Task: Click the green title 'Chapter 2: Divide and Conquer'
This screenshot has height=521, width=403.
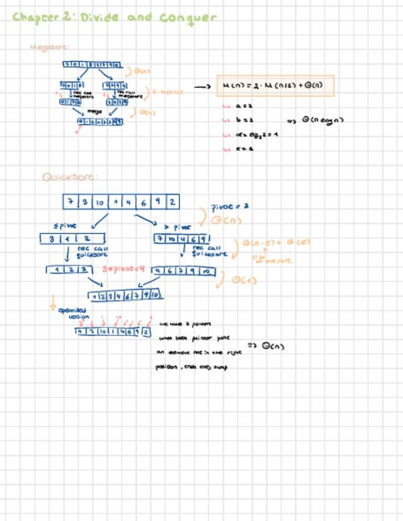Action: coord(114,17)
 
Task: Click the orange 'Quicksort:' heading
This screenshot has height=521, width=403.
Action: coord(69,177)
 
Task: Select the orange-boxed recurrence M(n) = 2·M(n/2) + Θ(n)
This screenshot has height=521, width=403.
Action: coord(275,86)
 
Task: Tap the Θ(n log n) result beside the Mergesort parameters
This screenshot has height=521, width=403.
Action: coord(322,120)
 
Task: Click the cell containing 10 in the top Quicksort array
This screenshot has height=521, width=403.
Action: coord(100,202)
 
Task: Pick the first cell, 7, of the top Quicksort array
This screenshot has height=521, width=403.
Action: coord(71,202)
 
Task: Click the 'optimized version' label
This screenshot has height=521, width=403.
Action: coord(72,313)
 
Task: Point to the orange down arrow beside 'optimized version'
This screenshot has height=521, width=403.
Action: coord(53,302)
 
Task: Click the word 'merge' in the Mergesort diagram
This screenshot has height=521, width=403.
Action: coord(95,112)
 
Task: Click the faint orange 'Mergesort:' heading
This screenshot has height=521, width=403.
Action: coord(49,47)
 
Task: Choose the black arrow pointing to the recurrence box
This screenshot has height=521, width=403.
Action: coord(203,87)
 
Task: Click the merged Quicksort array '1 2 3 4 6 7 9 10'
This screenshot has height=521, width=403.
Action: coord(125,296)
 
